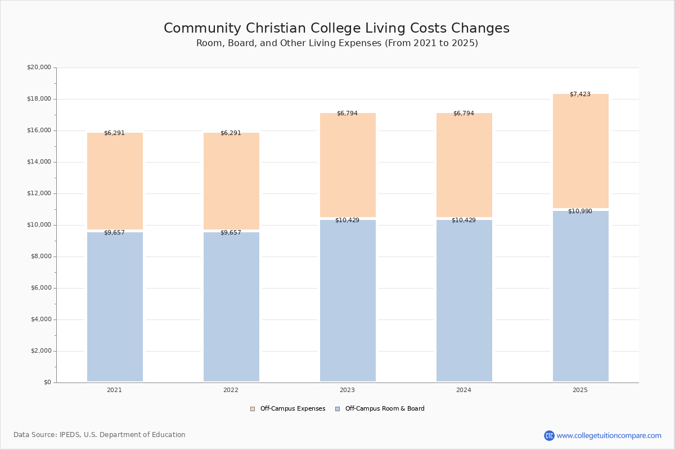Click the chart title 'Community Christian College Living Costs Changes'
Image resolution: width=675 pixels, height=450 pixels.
[x=336, y=28]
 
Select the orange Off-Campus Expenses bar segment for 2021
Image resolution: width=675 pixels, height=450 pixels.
[x=115, y=181]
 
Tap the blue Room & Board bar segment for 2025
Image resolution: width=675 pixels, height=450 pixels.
[x=580, y=296]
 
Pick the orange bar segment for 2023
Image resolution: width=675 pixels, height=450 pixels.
[x=348, y=165]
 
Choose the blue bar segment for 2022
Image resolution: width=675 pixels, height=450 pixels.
[x=231, y=307]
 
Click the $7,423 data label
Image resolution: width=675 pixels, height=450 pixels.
[x=580, y=94]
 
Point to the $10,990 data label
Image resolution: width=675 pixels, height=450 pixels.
[x=580, y=211]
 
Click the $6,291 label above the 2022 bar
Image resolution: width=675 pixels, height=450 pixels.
[x=231, y=133]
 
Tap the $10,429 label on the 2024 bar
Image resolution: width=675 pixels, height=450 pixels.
[x=463, y=220]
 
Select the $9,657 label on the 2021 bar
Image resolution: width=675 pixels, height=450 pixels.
[x=114, y=232]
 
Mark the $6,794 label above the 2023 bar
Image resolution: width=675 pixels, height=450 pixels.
[x=347, y=113]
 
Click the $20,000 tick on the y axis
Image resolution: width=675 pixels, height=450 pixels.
[x=39, y=67]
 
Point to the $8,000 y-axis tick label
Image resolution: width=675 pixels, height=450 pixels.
[x=41, y=256]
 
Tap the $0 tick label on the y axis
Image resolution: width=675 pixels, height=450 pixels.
[x=48, y=382]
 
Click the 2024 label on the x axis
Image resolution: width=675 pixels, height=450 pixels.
[x=463, y=390]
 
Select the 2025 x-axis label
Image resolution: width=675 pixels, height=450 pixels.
[x=580, y=390]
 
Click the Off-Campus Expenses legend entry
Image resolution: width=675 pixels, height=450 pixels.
[x=288, y=409]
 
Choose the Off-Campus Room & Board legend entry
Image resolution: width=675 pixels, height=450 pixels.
[x=380, y=409]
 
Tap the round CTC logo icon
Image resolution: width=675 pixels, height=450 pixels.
[x=549, y=435]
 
